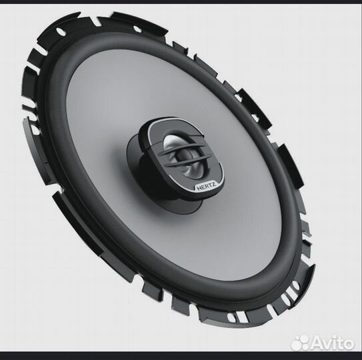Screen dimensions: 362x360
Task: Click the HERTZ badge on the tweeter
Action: point(206,187)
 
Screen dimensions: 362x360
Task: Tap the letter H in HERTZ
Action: point(199,188)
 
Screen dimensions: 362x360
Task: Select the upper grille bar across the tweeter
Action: point(183,149)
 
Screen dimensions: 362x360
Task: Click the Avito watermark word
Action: point(333,343)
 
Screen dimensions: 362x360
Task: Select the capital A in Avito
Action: point(317,343)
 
